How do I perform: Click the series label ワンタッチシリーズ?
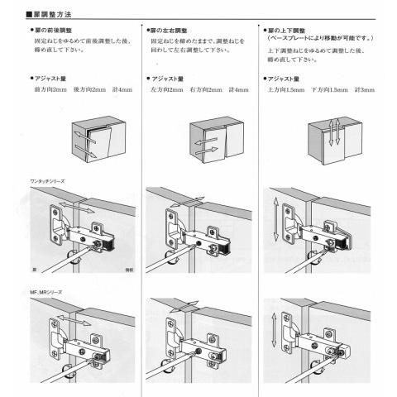[x=49, y=180]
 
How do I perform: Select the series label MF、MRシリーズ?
[x=45, y=292]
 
